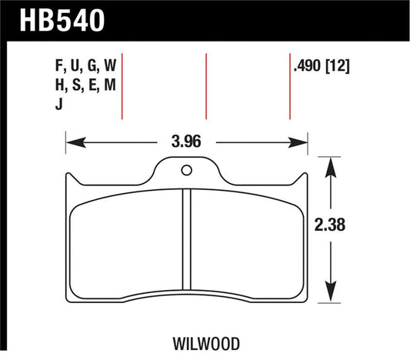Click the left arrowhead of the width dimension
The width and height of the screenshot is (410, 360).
pyautogui.click(x=72, y=142)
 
